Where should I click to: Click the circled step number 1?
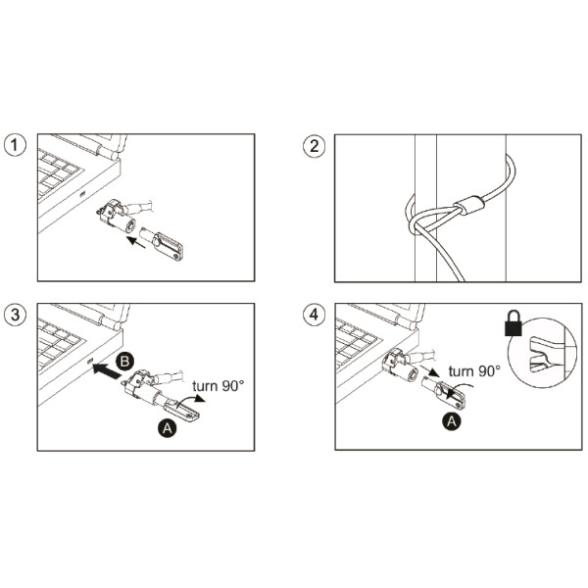point(15,145)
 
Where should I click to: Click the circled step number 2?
point(314,146)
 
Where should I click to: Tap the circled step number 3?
point(15,315)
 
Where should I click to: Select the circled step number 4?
point(314,315)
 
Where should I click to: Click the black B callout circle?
point(124,362)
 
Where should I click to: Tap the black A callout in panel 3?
point(168,427)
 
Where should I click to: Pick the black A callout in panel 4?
point(452,421)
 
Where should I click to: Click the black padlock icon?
point(514,322)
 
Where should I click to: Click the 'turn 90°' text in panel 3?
point(218,385)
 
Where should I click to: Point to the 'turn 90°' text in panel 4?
point(474,370)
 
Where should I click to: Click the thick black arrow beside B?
point(107,370)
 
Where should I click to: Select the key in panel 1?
point(162,244)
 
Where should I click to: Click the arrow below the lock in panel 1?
point(135,242)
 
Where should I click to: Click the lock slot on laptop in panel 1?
point(82,194)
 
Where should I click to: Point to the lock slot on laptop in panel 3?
point(89,361)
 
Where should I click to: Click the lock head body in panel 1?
point(116,218)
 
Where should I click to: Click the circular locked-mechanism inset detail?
point(542,353)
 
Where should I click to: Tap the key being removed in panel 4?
point(444,393)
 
